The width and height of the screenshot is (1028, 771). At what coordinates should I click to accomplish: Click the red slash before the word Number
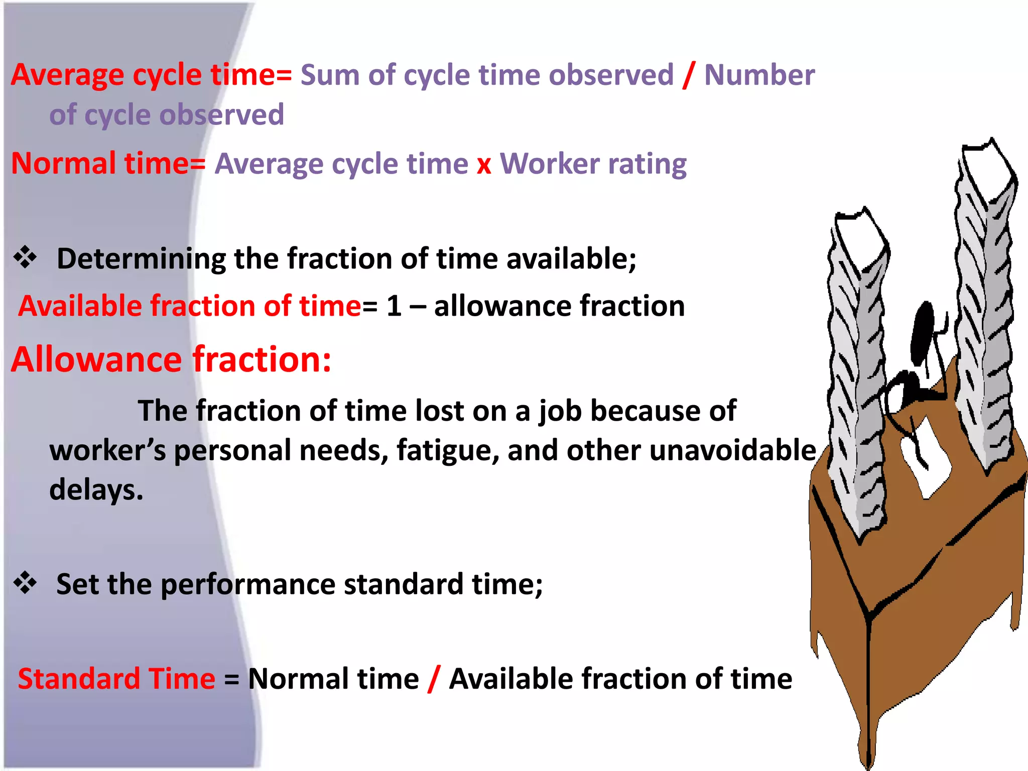689,75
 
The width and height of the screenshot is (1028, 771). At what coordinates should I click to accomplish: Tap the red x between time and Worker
484,165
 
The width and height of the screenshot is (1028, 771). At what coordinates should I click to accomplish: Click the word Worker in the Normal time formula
550,164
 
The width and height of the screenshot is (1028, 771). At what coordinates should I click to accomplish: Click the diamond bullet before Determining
25,258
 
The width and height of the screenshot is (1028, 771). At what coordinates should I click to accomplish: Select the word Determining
141,259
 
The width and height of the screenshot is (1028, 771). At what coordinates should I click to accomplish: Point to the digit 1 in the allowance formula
394,306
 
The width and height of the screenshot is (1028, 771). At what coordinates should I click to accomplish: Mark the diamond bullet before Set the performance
25,583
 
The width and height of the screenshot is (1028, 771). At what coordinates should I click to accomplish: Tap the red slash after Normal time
434,679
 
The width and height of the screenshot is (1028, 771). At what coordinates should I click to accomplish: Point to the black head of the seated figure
923,331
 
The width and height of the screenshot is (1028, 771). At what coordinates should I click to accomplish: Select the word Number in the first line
759,75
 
